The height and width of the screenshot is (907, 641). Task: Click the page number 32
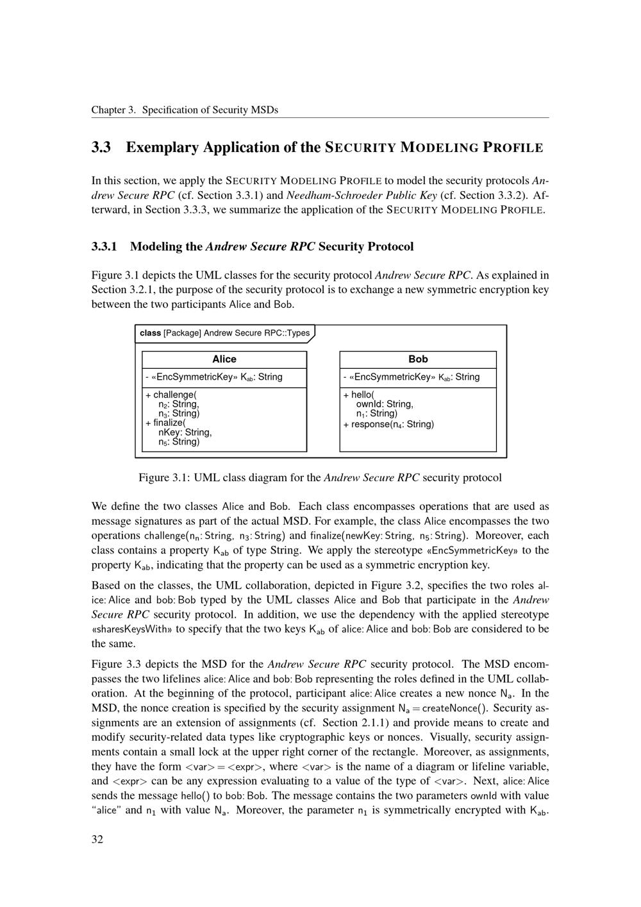coord(97,840)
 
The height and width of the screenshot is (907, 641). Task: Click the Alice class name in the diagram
coord(224,359)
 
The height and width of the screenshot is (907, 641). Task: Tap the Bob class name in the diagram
coord(418,359)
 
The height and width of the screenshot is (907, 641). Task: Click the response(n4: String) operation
coord(388,424)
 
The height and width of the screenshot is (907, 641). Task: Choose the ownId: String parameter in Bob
coord(385,404)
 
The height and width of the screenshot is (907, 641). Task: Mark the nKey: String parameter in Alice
coord(185,432)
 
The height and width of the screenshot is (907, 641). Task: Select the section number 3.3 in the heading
coord(101,148)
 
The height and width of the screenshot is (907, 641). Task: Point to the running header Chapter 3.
coord(113,110)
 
